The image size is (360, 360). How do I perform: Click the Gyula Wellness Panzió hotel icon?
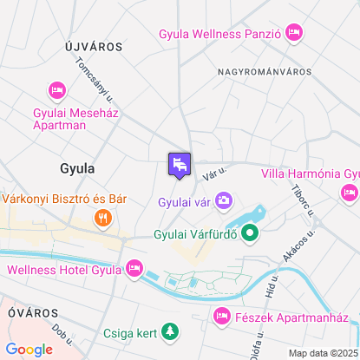click(x=293, y=33)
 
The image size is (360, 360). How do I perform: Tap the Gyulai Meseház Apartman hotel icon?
click(x=57, y=90)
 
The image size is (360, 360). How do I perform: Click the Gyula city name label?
click(x=77, y=167)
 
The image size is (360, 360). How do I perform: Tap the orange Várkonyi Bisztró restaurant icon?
click(x=102, y=218)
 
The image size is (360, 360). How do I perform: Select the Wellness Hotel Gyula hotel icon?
click(x=134, y=269)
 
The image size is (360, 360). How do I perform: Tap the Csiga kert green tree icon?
click(x=172, y=331)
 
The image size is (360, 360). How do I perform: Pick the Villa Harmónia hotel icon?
click(x=265, y=173)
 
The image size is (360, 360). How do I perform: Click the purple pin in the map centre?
click(x=180, y=164)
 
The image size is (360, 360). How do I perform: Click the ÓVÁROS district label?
click(x=30, y=311)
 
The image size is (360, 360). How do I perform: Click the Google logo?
click(x=29, y=349)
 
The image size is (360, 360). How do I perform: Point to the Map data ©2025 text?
click(x=322, y=353)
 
